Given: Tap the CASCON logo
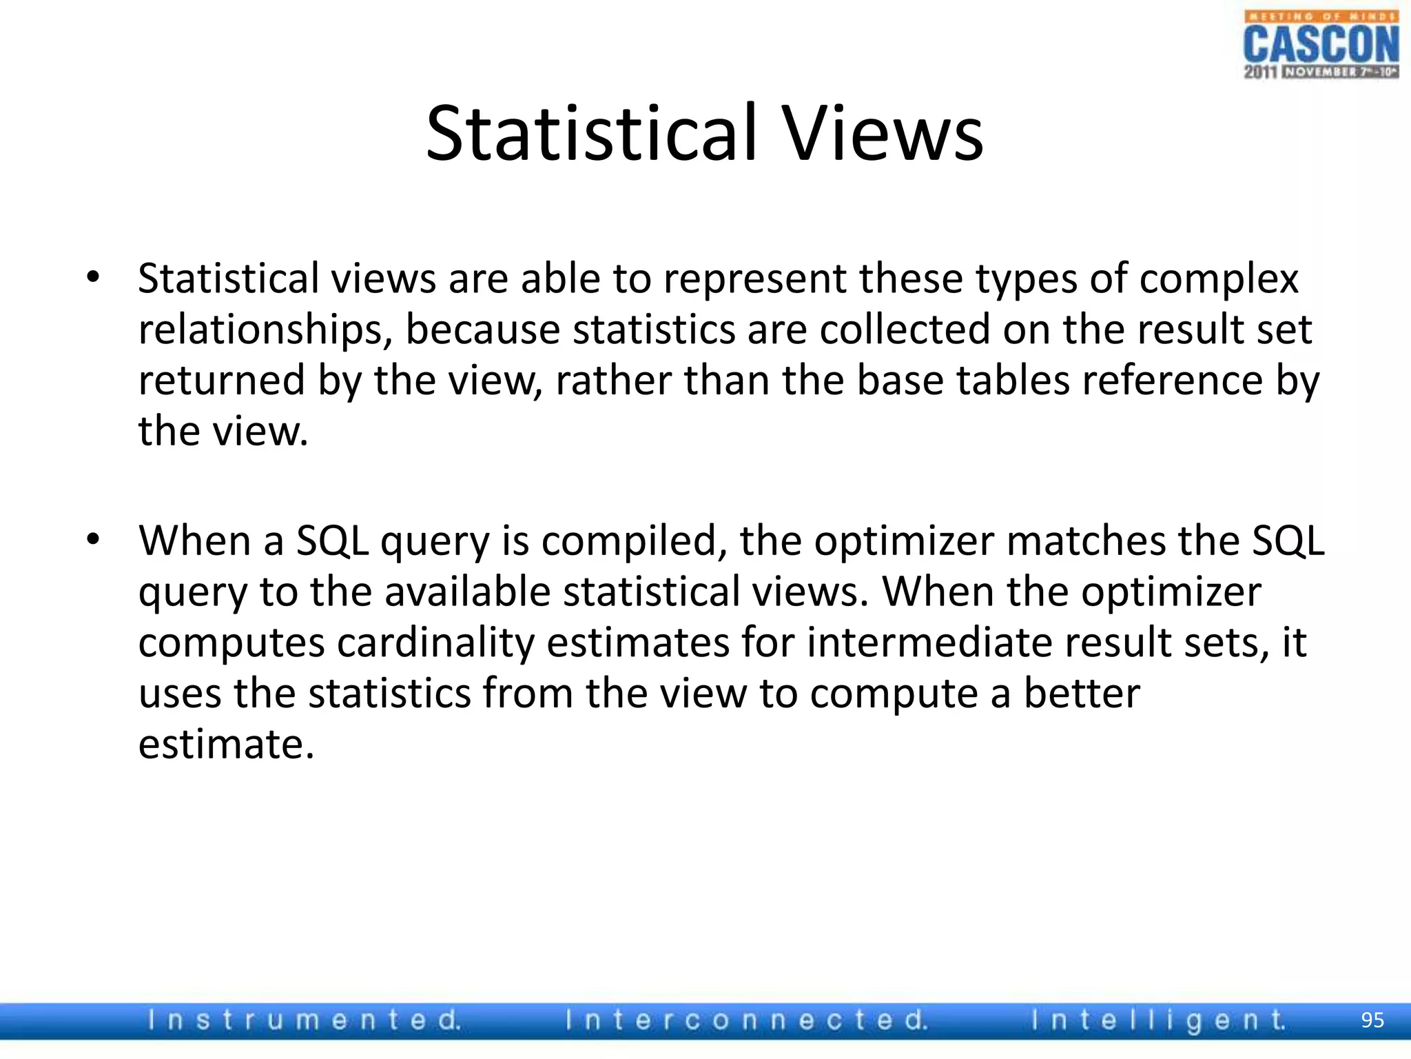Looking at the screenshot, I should coord(1321,46).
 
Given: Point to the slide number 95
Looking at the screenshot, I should coord(1372,1020).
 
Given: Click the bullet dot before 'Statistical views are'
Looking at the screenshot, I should coord(94,278).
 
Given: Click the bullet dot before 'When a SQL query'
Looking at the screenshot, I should coord(94,540).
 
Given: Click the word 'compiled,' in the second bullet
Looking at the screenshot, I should coord(634,541).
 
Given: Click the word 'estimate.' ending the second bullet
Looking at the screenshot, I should coord(226,745).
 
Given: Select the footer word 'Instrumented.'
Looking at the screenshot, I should coord(304,1020).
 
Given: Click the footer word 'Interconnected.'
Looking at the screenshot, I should coord(746,1020).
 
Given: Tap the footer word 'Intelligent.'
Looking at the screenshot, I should coord(1158,1020).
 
